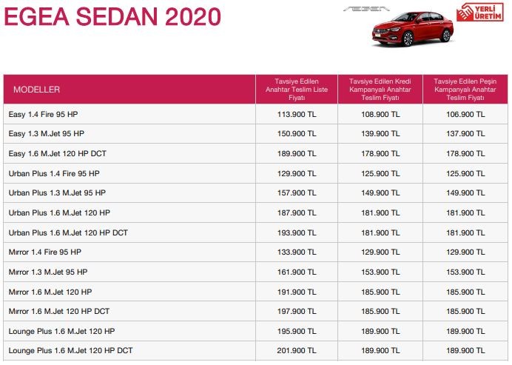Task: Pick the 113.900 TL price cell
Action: (296, 114)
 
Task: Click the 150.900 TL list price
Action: (296, 134)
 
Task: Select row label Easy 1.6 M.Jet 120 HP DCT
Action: (58, 153)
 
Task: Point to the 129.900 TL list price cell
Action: (296, 173)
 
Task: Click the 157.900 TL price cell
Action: (296, 192)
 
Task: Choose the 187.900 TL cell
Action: (296, 212)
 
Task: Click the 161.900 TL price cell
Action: (296, 272)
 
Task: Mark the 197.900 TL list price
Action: (296, 311)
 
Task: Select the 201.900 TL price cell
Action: (296, 350)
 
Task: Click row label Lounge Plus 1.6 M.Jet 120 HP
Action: (61, 330)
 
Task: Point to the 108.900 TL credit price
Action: (380, 114)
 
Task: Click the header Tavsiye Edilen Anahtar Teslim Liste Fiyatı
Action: (296, 89)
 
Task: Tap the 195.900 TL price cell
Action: (296, 330)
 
